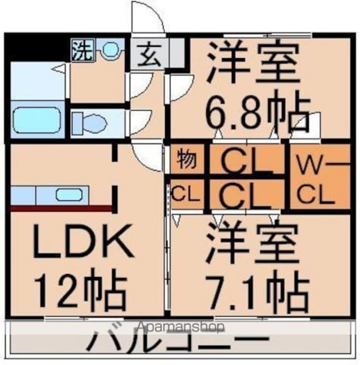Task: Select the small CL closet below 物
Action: (185, 194)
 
